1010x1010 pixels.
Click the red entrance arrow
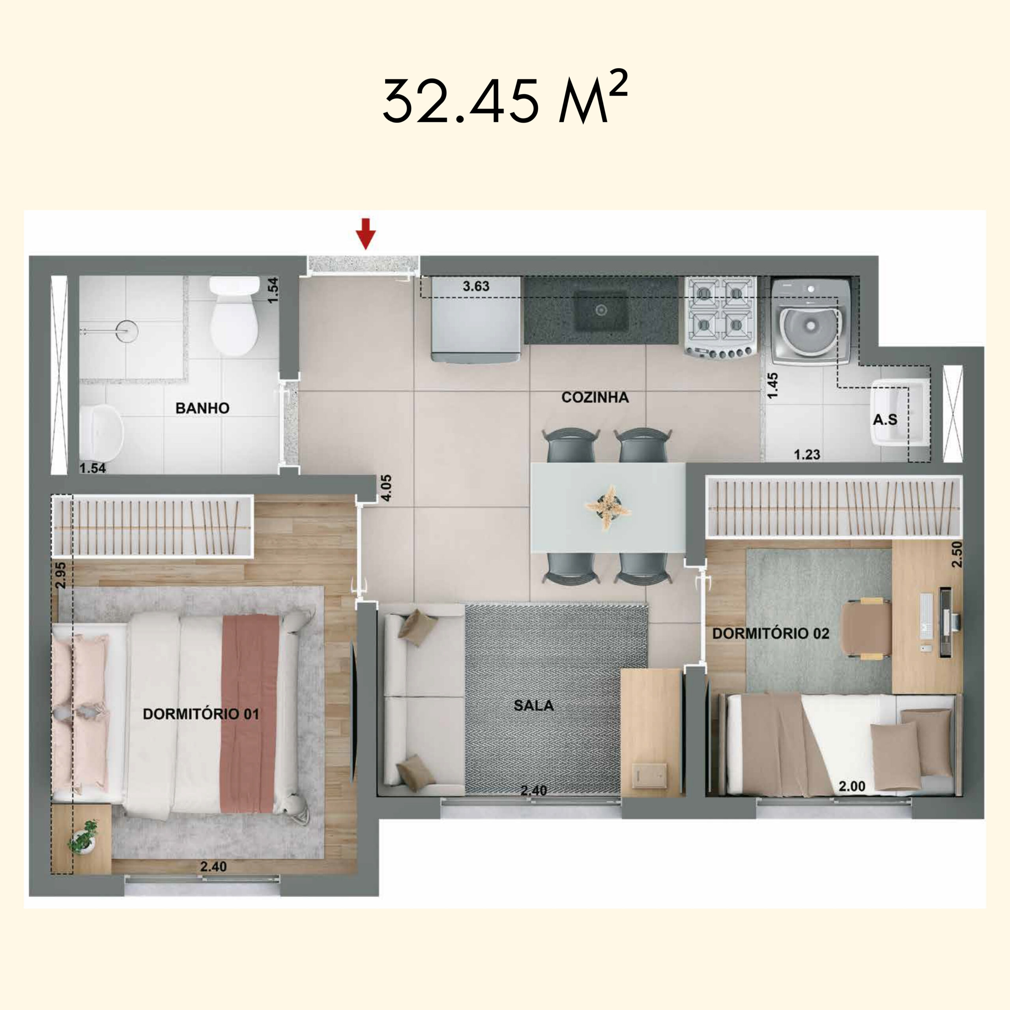[366, 233]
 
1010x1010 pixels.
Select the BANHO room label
[202, 408]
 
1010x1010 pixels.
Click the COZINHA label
[595, 397]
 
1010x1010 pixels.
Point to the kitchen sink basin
[601, 310]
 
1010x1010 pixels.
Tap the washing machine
[810, 322]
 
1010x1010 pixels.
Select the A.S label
[885, 419]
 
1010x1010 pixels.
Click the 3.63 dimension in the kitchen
[476, 286]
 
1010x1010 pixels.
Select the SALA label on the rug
[533, 705]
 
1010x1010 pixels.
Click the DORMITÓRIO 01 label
[201, 714]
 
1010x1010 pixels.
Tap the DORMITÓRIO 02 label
[771, 634]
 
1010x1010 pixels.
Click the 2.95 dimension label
[61, 576]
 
